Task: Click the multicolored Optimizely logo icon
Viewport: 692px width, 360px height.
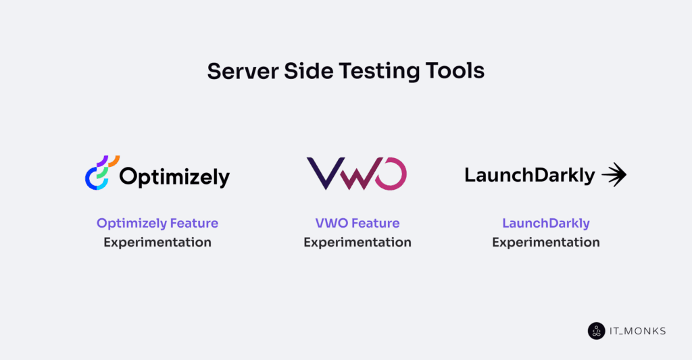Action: (101, 173)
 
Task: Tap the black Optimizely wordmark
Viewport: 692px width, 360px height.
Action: (174, 177)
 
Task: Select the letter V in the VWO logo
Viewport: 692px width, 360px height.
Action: (323, 173)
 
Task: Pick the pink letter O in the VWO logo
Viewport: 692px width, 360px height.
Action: (390, 173)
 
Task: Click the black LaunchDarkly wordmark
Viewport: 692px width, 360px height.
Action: (529, 176)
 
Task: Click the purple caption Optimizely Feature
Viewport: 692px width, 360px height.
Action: (157, 223)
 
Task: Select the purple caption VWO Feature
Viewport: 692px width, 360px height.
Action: (357, 223)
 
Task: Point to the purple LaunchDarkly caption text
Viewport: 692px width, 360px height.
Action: (546, 223)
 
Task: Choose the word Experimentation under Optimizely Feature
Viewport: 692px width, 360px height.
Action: (157, 242)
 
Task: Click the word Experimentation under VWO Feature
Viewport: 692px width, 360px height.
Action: (357, 242)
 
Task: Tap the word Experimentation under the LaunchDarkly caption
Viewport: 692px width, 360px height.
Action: (546, 242)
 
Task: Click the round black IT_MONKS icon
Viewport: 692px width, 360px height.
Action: (596, 331)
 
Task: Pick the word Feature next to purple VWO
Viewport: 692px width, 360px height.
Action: (375, 223)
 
